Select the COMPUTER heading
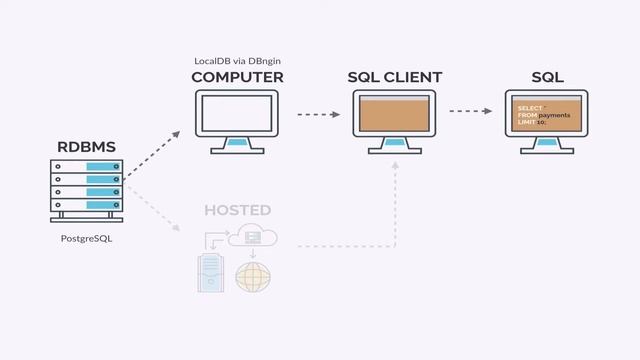click(237, 77)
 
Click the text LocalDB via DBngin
click(237, 61)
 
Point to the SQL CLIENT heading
click(394, 77)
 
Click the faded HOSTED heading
click(237, 210)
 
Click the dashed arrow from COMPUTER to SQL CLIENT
click(318, 114)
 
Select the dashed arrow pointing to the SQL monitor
click(474, 112)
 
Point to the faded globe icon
click(251, 277)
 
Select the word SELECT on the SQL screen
click(530, 107)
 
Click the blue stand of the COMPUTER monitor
click(237, 143)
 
